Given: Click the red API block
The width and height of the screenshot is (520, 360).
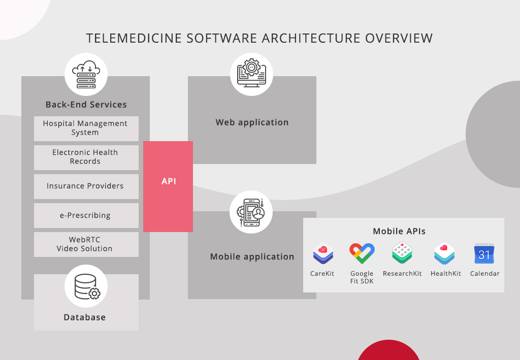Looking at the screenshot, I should [x=168, y=186].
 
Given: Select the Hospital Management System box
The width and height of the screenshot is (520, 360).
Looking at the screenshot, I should [x=86, y=128].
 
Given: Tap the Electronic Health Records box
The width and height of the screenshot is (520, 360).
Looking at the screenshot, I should [x=86, y=157].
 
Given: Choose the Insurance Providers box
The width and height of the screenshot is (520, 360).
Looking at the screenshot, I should [x=86, y=186].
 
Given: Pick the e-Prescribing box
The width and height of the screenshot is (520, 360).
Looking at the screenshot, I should [x=86, y=215].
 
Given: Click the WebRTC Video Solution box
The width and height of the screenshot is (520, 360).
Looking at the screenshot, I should [x=86, y=244].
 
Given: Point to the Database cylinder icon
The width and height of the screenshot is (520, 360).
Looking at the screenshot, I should [x=86, y=286].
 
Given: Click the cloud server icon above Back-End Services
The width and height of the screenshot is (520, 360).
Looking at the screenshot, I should [x=86, y=75].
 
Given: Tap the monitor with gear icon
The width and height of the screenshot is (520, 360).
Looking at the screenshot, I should [x=251, y=74].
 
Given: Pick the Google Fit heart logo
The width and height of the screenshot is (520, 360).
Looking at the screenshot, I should [x=362, y=253].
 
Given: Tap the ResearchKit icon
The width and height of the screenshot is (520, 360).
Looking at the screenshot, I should [x=402, y=253].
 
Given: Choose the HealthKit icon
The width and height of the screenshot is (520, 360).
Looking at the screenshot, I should [x=445, y=253].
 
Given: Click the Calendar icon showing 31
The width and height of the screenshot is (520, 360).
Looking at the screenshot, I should [x=484, y=253].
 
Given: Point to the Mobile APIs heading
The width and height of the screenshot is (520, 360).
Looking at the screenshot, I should [x=399, y=232].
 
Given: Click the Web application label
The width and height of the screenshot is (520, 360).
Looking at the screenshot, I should [x=252, y=122].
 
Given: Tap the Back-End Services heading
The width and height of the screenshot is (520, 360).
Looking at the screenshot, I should [x=86, y=105].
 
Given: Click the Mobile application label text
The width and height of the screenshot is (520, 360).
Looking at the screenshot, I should [x=252, y=257].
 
